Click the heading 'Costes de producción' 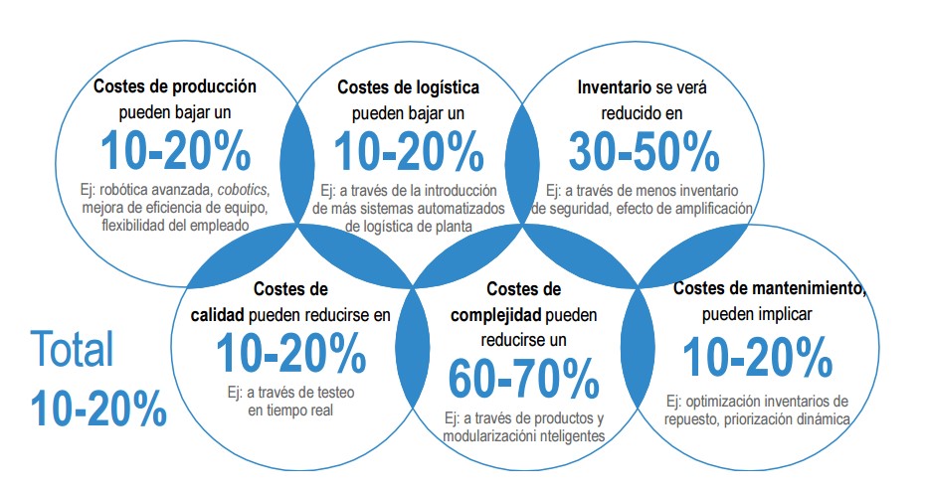pos(175,86)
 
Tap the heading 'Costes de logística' pos(409,87)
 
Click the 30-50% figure pos(644,150)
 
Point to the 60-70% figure pos(523,377)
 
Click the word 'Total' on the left pos(72,350)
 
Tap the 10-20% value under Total pos(97,408)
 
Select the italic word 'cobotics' pos(244,188)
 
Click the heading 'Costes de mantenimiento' pos(768,289)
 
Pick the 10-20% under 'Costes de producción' pos(175,151)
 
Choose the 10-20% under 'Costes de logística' pos(408,151)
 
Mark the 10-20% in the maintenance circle pos(758,357)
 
